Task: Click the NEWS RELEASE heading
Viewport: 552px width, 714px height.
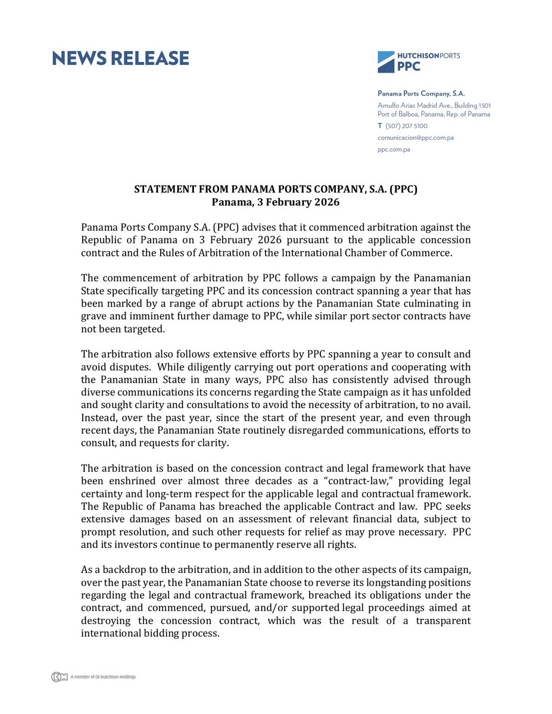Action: tap(120, 58)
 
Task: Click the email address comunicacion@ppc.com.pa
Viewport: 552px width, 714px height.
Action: tap(416, 137)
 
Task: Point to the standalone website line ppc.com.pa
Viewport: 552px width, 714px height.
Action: tap(394, 149)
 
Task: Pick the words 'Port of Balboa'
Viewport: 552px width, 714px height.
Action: tap(398, 114)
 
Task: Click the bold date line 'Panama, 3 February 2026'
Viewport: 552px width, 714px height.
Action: tap(275, 202)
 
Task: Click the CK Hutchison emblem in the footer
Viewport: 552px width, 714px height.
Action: tap(59, 677)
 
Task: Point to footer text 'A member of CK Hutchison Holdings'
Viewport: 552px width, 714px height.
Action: tap(103, 677)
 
